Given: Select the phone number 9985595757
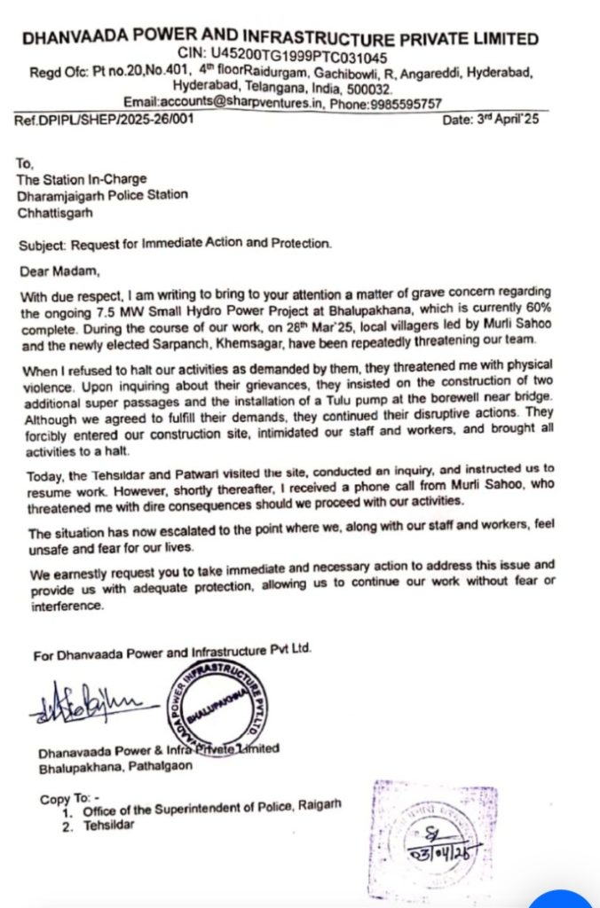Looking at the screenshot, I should pyautogui.click(x=407, y=104).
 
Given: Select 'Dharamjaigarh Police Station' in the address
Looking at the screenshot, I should pyautogui.click(x=102, y=195).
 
